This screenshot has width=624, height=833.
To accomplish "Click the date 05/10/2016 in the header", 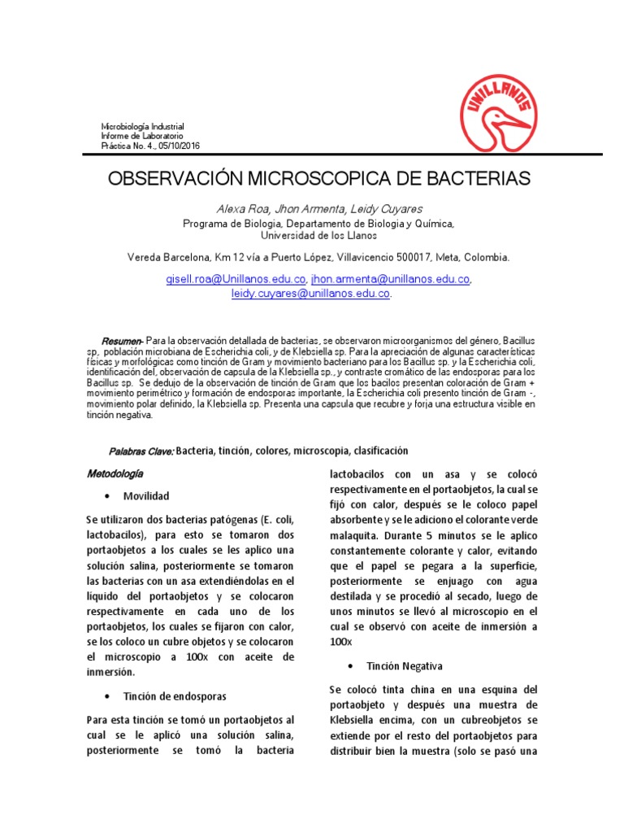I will pos(180,146).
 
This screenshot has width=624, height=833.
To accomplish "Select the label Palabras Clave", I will pos(141,451).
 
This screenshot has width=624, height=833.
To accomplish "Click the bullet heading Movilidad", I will pos(146,495).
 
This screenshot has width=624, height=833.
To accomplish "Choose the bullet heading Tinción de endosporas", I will pos(174,697).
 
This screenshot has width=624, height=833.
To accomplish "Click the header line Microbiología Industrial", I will pos(142,127).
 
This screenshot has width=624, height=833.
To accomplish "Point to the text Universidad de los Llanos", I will pos(318,235).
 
